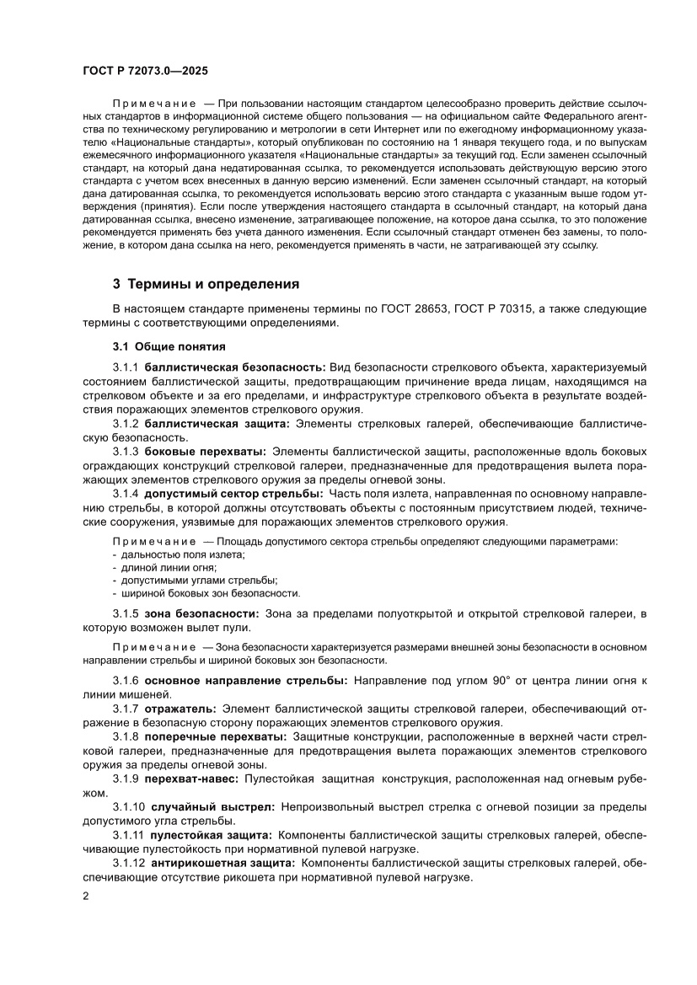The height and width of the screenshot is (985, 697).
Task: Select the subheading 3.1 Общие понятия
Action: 169,346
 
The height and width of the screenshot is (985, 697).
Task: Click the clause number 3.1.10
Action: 129,806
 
